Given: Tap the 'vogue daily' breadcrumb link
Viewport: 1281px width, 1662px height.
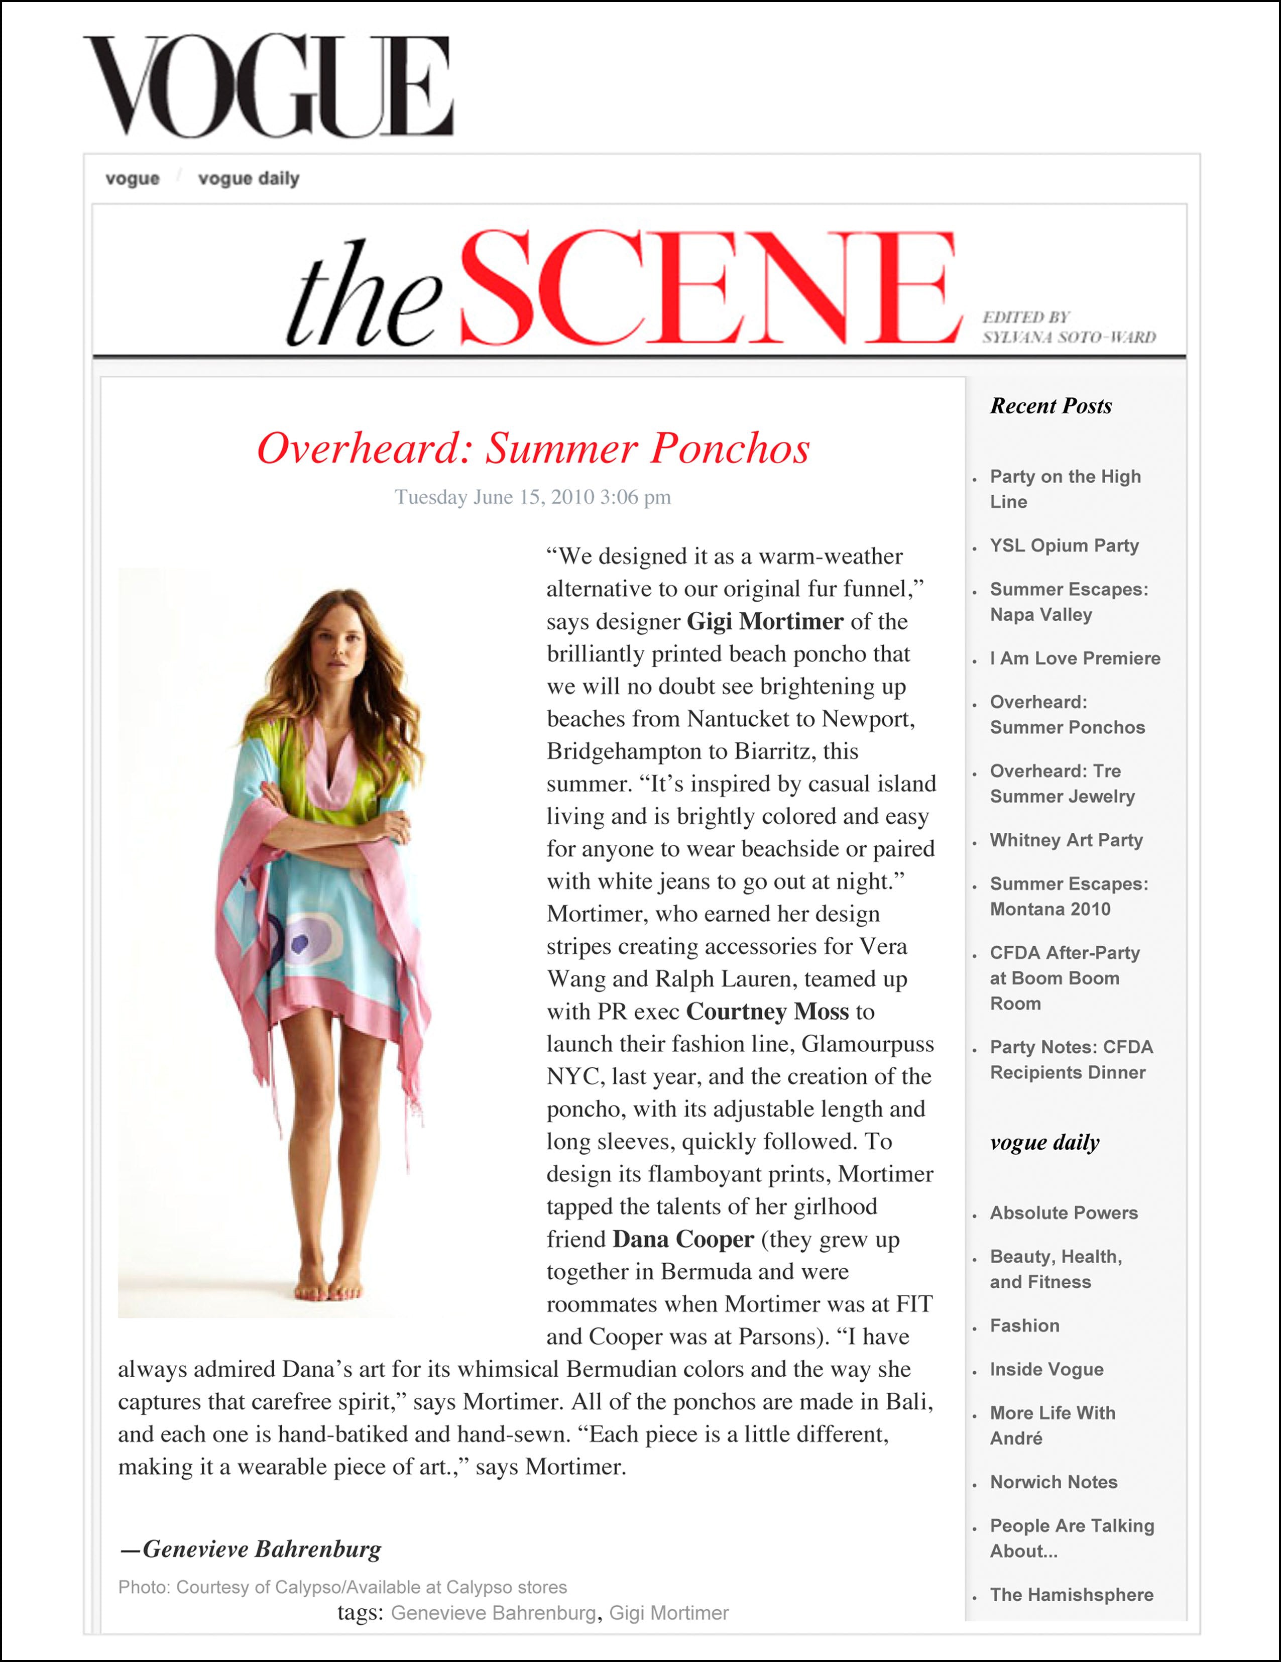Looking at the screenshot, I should pyautogui.click(x=248, y=179).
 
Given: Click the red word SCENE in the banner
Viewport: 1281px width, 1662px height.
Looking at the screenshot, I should pyautogui.click(x=708, y=290).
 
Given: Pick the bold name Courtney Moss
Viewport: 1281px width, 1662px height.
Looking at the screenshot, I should pyautogui.click(x=767, y=1012).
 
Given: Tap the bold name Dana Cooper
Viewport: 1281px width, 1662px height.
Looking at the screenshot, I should pyautogui.click(x=682, y=1239).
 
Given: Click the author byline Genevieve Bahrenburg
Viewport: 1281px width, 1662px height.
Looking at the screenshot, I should pyautogui.click(x=262, y=1549).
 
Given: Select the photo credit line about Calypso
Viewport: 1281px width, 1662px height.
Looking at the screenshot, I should pyautogui.click(x=342, y=1588).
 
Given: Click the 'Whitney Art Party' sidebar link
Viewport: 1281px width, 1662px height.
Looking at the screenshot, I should pyautogui.click(x=1066, y=840).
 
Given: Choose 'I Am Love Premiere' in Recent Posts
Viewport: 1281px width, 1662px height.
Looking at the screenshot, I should pyautogui.click(x=1074, y=658).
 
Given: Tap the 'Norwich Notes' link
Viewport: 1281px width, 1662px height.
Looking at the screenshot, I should pyautogui.click(x=1053, y=1482).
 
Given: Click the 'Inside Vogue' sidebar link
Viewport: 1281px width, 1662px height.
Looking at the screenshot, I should pyautogui.click(x=1046, y=1370).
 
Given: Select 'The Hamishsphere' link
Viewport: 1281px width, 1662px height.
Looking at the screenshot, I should pyautogui.click(x=1071, y=1595).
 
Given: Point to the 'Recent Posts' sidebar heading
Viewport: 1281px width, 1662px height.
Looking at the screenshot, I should pyautogui.click(x=1051, y=406).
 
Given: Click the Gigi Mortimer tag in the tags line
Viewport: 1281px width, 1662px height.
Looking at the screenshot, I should pyautogui.click(x=669, y=1613).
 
